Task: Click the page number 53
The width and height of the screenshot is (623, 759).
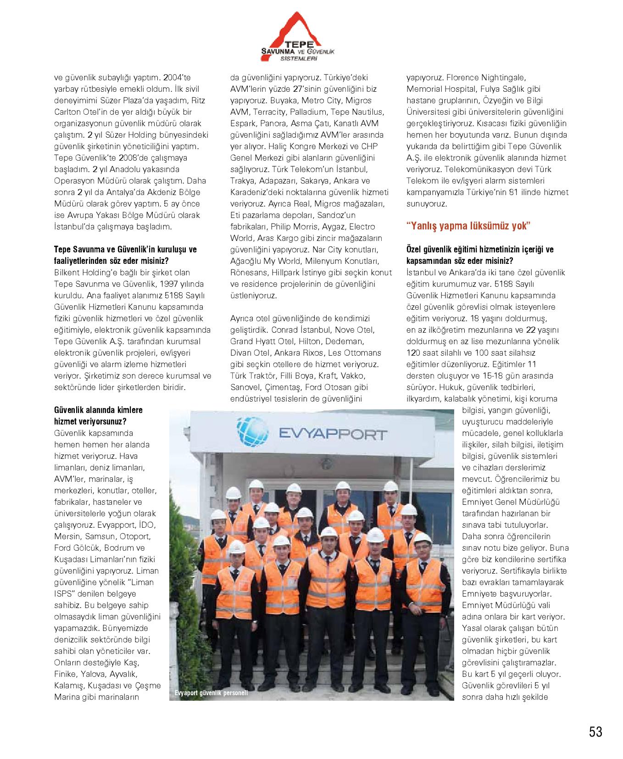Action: pos(595,731)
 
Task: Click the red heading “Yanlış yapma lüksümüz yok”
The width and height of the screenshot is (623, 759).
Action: pos(468,226)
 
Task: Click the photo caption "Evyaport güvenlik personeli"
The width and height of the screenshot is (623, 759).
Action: pos(211,693)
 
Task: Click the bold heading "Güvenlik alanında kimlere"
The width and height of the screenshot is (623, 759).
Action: pos(98,410)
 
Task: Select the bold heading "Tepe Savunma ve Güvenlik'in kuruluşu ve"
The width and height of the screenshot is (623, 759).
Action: pos(125,250)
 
